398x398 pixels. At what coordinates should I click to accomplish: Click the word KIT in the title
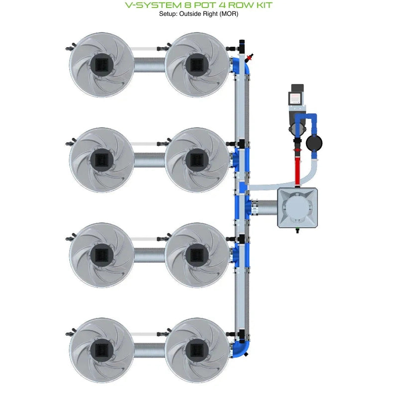click(x=261, y=5)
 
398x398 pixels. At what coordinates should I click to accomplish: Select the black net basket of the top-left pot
click(x=101, y=64)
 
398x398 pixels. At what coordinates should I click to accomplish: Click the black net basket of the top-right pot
click(x=197, y=64)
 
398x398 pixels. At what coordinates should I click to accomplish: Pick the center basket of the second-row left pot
click(x=101, y=159)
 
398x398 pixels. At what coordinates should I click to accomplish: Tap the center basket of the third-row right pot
click(x=197, y=254)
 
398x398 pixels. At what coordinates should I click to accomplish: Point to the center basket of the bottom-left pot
click(x=101, y=349)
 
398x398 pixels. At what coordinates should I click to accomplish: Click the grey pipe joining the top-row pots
click(x=149, y=64)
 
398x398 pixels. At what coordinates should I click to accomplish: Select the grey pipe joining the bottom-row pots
click(x=149, y=349)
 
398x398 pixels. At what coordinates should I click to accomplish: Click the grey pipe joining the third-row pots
click(x=149, y=254)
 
